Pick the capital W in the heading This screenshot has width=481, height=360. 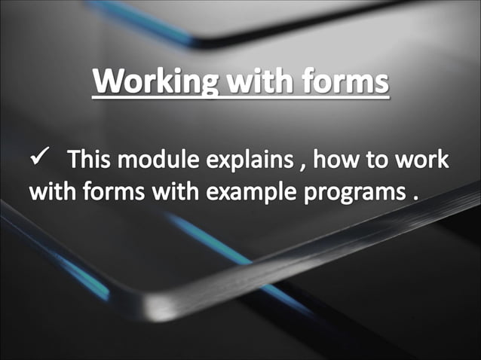pos(106,83)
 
